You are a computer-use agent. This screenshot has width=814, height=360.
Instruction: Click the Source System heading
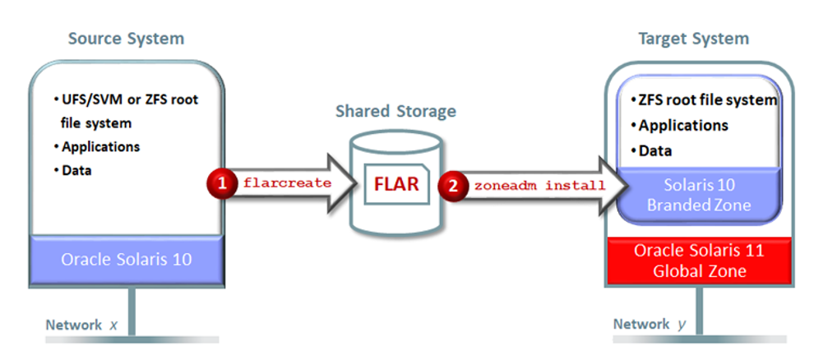point(126,39)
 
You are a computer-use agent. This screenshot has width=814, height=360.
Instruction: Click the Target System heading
point(693,39)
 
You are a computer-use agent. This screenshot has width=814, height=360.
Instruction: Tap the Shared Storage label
point(395,111)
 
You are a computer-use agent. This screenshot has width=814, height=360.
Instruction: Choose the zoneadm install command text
point(539,184)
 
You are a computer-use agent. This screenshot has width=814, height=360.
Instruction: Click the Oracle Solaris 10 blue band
point(126,259)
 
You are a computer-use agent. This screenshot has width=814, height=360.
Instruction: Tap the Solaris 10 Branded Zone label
point(698,194)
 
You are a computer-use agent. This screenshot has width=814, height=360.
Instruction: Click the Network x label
point(81,325)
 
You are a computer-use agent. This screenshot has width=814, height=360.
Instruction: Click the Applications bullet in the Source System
point(100,147)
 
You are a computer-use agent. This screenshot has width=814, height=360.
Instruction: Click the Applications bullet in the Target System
point(682,126)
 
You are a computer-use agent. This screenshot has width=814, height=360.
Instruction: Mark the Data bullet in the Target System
point(655,150)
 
